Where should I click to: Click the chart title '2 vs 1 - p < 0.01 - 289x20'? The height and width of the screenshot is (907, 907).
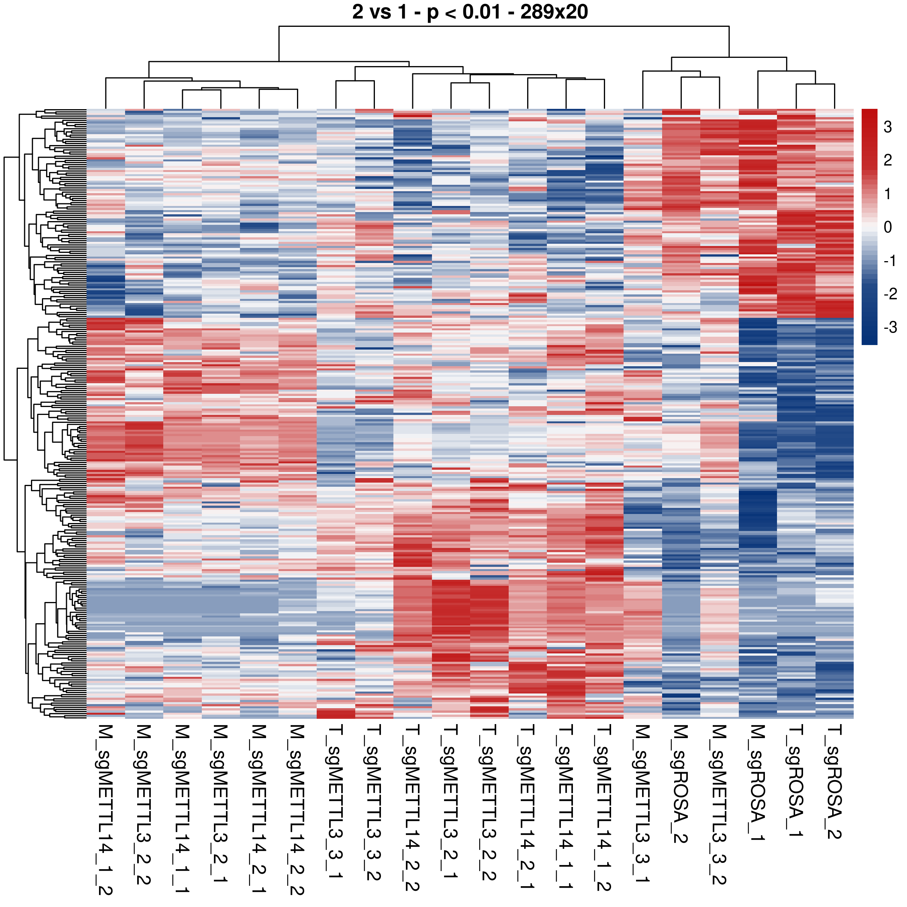tap(469, 12)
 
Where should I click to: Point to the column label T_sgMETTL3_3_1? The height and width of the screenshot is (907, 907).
tap(336, 803)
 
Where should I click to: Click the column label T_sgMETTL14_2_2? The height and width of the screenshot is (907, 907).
tap(413, 808)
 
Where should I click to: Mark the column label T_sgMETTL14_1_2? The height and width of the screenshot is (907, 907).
tap(605, 808)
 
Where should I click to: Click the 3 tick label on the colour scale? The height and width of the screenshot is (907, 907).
tap(888, 127)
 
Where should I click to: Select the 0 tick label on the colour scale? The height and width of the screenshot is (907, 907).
tap(888, 227)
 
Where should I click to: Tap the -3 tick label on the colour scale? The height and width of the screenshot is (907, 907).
tap(890, 327)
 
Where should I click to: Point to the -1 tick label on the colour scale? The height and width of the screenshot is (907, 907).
tap(890, 260)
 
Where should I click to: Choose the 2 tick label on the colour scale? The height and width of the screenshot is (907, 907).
tap(888, 160)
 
